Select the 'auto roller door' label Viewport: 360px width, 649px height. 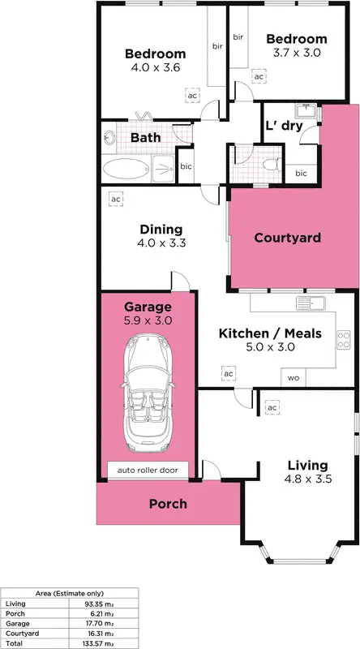pos(148,469)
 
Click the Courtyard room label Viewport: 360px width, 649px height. pos(287,238)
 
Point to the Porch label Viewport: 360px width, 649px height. pos(168,503)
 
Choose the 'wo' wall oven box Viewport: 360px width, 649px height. pos(293,379)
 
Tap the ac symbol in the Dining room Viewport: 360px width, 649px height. pos(115,199)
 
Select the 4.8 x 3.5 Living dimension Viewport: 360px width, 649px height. pos(307,479)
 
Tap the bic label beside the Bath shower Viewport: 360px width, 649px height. pos(186,167)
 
